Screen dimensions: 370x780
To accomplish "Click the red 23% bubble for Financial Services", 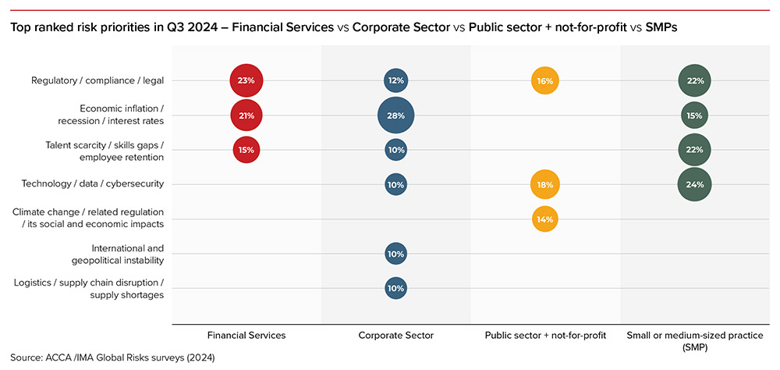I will (x=246, y=80).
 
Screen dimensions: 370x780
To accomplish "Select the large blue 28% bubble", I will (x=395, y=116).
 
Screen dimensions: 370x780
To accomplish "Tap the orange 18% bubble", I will (x=544, y=185).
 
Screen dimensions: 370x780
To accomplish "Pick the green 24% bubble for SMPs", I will (x=694, y=185).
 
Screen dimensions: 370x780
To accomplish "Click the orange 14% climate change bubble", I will (x=544, y=219).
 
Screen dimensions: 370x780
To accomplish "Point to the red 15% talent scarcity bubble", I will (x=246, y=150).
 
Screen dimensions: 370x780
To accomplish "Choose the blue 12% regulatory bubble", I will (x=395, y=80).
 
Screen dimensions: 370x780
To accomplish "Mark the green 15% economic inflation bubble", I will (x=694, y=116).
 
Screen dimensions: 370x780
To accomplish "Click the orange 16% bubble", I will (x=544, y=80).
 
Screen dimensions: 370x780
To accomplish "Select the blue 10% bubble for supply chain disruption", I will (x=395, y=288).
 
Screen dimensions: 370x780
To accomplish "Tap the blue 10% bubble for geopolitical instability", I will (x=395, y=254).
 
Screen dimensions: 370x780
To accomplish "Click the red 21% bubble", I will (x=246, y=116).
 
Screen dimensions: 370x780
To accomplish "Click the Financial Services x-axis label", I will (x=246, y=335).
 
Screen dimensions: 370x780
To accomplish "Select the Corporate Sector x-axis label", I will (x=395, y=335).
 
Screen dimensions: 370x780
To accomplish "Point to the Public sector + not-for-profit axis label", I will (x=544, y=335).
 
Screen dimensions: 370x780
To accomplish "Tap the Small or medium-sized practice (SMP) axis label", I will (x=693, y=340).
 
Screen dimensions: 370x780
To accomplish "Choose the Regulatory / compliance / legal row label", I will (x=97, y=80).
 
